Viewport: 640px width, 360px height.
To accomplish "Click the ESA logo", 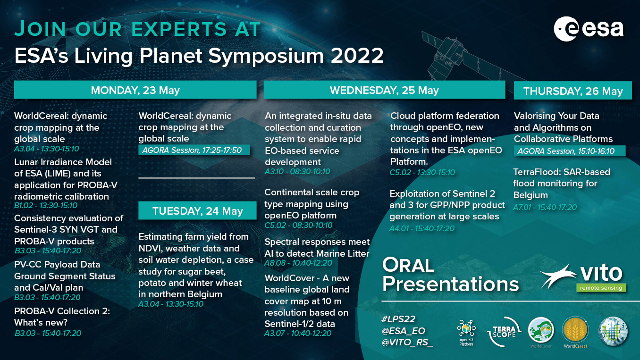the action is click(589, 29).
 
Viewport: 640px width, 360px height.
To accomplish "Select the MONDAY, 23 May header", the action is click(135, 90).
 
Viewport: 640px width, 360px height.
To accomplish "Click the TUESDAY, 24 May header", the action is click(197, 210).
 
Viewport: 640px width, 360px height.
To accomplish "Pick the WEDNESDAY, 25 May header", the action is click(384, 90).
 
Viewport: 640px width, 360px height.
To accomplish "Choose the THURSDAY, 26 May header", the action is click(573, 91).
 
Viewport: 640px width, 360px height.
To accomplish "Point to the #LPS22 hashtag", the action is click(398, 319).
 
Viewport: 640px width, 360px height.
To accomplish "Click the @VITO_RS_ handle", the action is click(407, 342).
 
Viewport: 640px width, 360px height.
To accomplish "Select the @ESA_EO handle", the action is click(404, 331).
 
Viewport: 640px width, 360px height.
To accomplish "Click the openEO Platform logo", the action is click(466, 333).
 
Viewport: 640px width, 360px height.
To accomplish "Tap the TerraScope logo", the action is click(504, 332).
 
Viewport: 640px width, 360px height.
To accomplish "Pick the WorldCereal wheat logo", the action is click(575, 332).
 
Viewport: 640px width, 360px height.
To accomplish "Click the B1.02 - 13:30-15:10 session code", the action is click(46, 205).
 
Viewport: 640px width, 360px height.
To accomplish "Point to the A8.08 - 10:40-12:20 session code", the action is click(298, 263).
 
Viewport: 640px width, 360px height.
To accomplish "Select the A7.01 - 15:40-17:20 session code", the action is click(545, 207).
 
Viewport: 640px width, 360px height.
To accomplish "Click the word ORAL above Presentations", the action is click(408, 266).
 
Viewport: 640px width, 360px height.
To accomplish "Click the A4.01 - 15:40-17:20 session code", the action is click(422, 228).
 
